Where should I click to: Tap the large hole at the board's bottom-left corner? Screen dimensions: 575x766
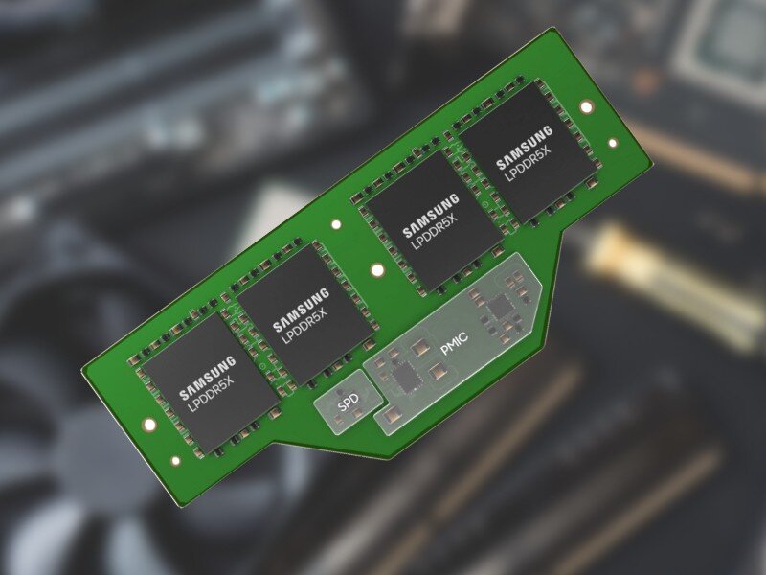pos(148,425)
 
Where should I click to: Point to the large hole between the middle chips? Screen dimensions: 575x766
pos(377,271)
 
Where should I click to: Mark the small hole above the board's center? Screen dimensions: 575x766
pos(335,226)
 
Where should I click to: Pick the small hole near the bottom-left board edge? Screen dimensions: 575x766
pos(175,460)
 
